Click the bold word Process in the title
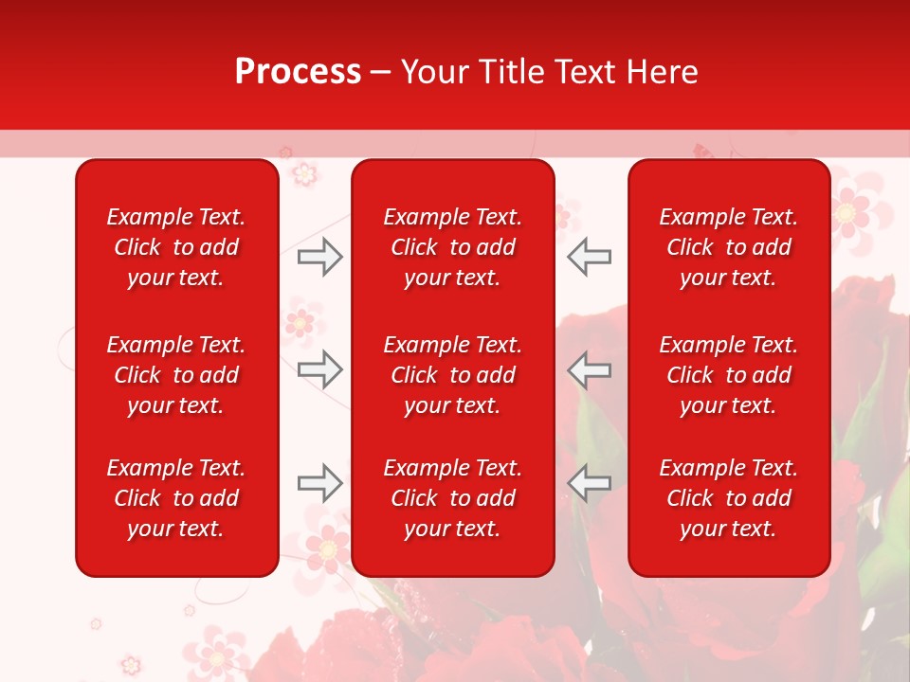click(x=298, y=72)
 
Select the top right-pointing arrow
click(x=319, y=257)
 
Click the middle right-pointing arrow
click(x=319, y=369)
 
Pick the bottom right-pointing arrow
click(x=319, y=483)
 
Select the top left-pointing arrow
click(x=590, y=257)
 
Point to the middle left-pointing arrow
click(x=590, y=369)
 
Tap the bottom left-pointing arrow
click(x=590, y=483)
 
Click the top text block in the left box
click(x=176, y=247)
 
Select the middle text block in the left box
click(x=176, y=375)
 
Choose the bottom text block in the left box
click(x=176, y=498)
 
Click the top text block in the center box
click(x=452, y=247)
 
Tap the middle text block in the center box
click(x=452, y=375)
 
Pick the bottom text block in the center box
click(x=452, y=498)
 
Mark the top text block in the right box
click(x=728, y=247)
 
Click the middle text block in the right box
click(x=728, y=375)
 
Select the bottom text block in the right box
click(x=728, y=498)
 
